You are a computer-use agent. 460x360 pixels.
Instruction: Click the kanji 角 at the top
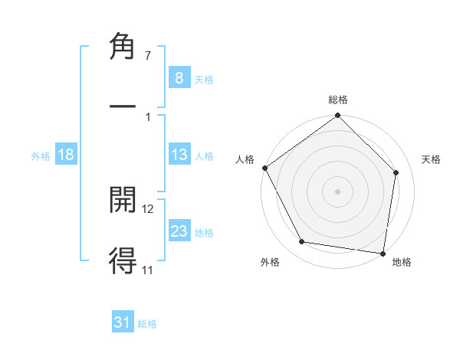click(x=123, y=47)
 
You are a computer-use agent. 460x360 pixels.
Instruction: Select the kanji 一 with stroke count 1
click(x=123, y=106)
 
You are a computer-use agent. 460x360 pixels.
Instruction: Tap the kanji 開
click(x=123, y=199)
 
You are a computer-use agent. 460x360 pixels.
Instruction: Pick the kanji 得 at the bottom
click(x=123, y=260)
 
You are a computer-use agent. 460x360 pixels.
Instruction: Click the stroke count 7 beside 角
click(x=148, y=56)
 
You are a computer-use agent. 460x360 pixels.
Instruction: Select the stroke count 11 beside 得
click(x=148, y=270)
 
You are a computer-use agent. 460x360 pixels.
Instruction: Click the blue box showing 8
click(x=179, y=78)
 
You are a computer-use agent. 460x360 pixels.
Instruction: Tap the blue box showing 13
click(x=179, y=155)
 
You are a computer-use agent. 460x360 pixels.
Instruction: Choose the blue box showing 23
click(x=179, y=231)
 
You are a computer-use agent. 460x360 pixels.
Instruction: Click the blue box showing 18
click(x=66, y=155)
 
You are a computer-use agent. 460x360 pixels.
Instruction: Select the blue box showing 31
click(x=123, y=322)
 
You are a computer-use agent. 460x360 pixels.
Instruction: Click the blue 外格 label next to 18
click(x=41, y=155)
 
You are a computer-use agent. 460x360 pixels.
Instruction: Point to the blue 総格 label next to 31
click(x=147, y=324)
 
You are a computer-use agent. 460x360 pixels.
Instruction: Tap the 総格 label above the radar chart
click(x=338, y=100)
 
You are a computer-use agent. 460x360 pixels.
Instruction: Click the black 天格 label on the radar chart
click(x=432, y=159)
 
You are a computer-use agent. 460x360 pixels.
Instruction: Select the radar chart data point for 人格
click(x=264, y=168)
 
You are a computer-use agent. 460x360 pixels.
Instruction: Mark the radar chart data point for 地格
click(x=383, y=253)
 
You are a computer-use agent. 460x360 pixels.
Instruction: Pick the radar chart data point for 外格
click(x=302, y=242)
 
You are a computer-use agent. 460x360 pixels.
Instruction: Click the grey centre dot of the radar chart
click(x=338, y=191)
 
